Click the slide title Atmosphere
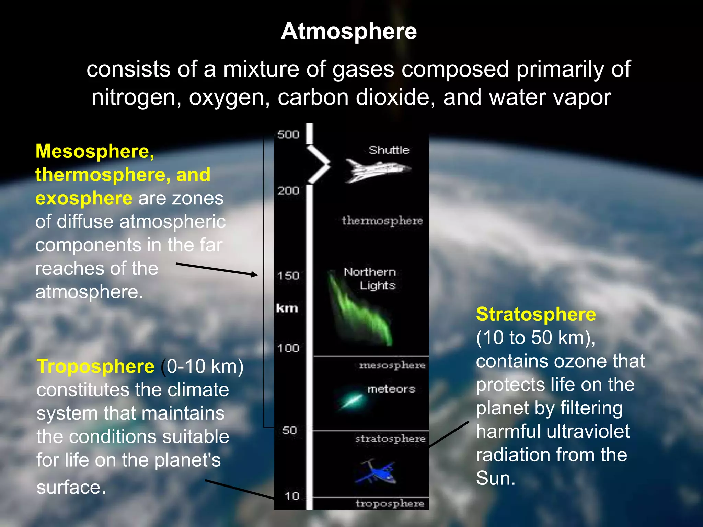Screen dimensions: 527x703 point(349,31)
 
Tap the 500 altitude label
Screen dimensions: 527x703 point(288,134)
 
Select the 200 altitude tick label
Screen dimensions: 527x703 point(288,190)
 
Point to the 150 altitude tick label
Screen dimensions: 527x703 point(288,276)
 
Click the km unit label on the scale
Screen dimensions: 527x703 point(287,308)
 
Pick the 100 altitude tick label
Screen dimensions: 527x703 point(288,348)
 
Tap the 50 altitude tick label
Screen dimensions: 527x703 point(289,430)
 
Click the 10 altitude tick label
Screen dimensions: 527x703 point(292,496)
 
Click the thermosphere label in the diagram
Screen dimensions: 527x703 point(382,221)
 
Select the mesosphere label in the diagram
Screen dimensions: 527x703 point(392,365)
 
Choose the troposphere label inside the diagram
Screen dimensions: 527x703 point(390,503)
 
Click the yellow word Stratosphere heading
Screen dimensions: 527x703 point(536,314)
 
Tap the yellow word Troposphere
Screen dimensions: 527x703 point(95,366)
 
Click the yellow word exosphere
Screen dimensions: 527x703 point(84,198)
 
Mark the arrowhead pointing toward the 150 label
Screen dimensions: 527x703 point(254,274)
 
